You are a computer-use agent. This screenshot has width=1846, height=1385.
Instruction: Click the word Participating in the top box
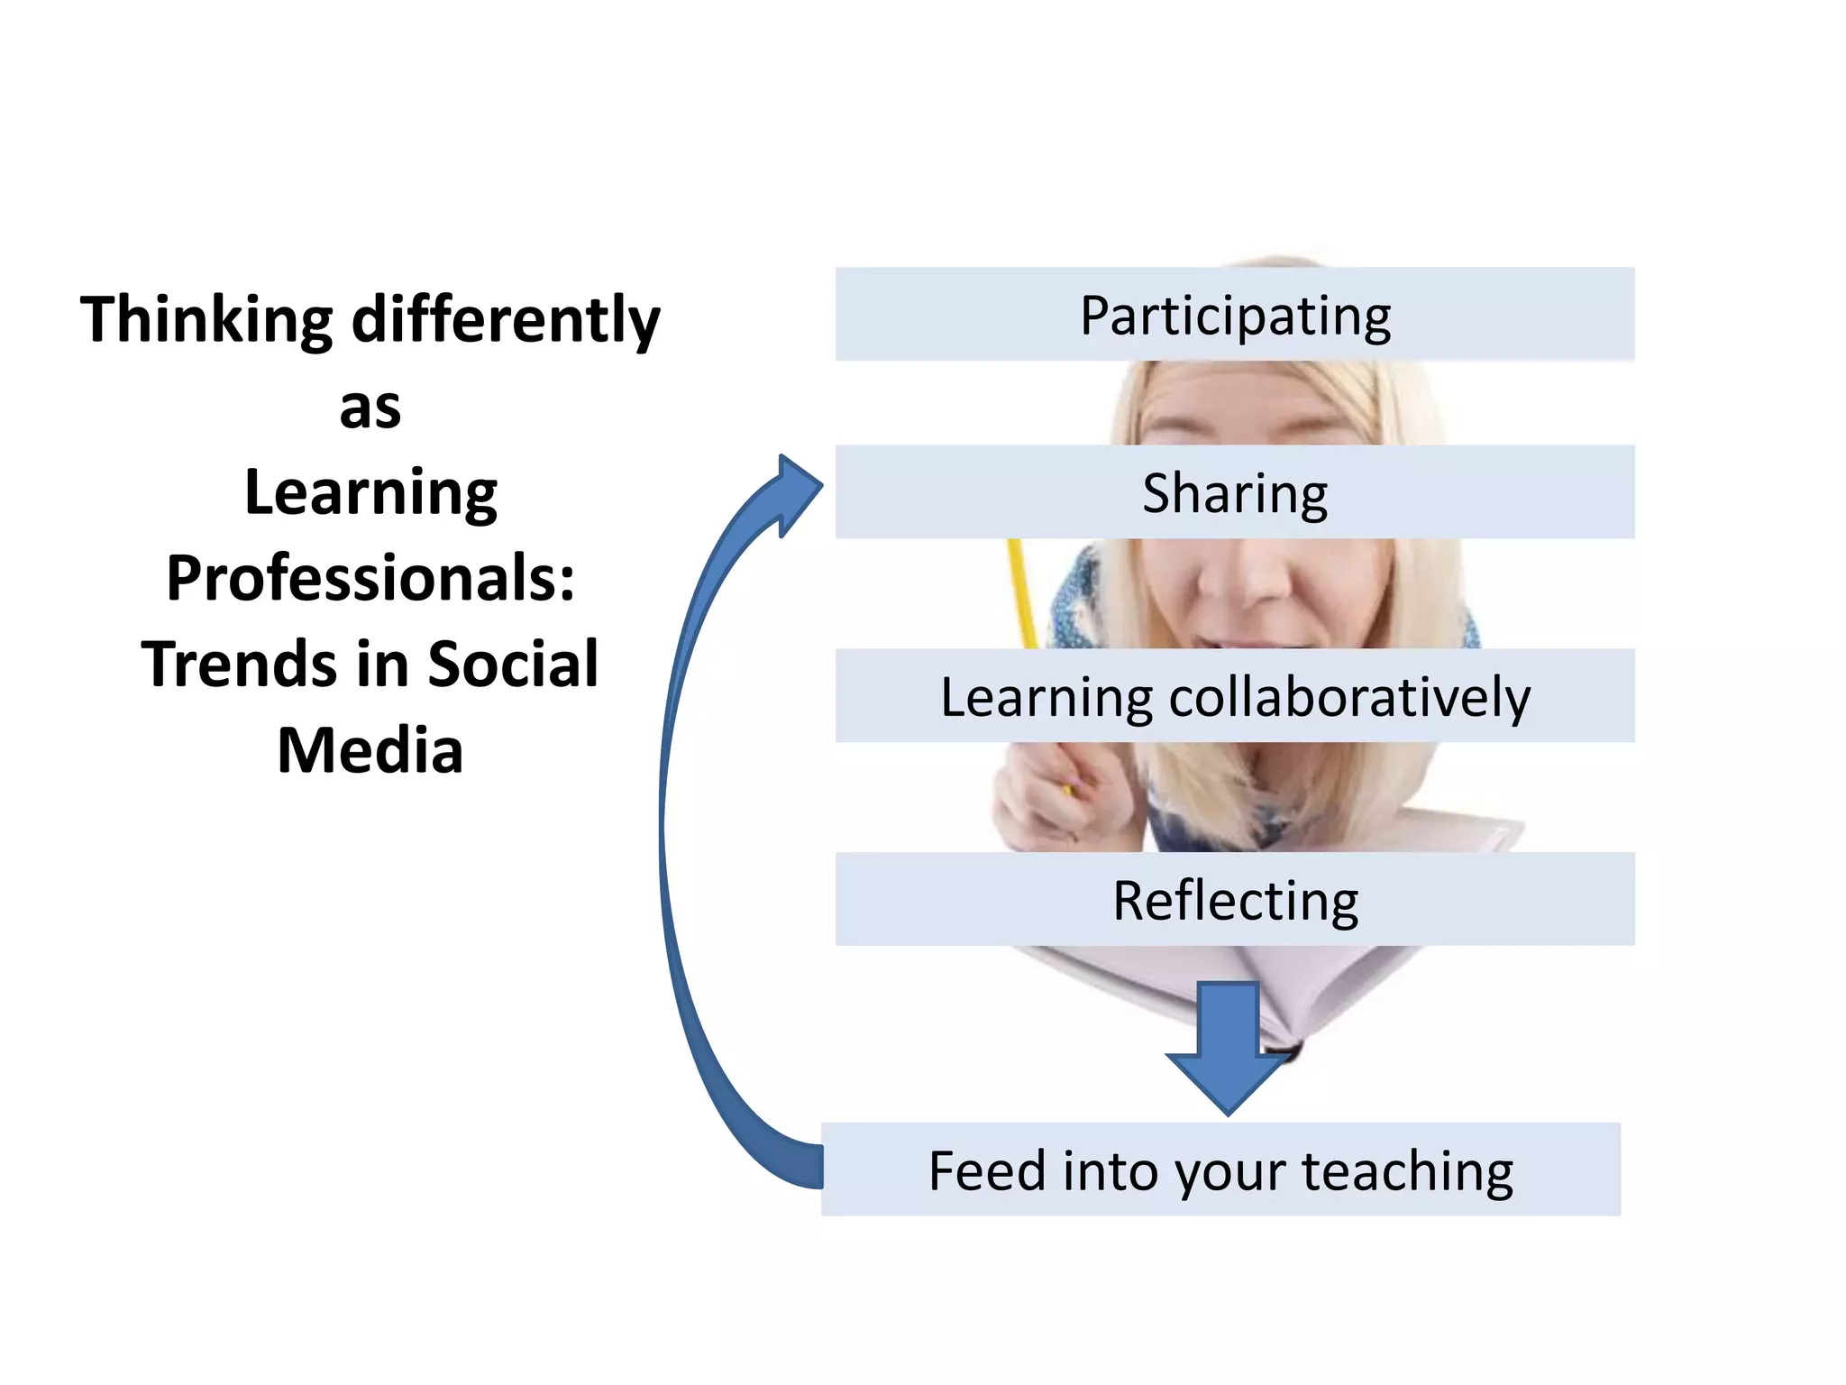tap(1235, 316)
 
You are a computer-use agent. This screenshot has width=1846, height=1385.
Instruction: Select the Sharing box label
tap(1235, 493)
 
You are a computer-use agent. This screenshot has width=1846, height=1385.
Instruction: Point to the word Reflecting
tap(1235, 901)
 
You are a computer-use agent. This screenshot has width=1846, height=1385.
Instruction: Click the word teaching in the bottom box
tap(1407, 1171)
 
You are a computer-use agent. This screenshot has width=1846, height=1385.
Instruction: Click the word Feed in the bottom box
tap(987, 1171)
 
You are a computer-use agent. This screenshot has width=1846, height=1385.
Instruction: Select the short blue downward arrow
tap(1228, 1046)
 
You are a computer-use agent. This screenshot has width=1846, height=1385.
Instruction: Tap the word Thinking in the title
tap(206, 320)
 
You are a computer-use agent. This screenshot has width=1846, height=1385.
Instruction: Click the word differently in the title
tap(506, 320)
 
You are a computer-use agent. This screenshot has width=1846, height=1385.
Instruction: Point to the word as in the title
tap(370, 408)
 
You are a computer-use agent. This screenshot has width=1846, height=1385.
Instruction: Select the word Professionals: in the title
tap(370, 579)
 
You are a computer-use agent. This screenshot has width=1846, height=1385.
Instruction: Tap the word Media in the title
tap(370, 750)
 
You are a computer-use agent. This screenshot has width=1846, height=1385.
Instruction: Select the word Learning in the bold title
tap(370, 493)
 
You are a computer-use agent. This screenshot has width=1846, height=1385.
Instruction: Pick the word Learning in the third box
tap(1046, 697)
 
